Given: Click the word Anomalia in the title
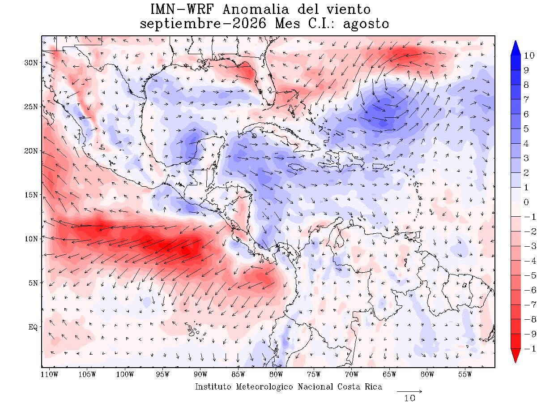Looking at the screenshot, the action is [x=256, y=9].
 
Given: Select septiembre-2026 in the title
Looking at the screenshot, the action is [x=203, y=24].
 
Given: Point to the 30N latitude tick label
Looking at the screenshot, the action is [x=31, y=63].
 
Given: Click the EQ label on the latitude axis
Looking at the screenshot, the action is [x=33, y=327].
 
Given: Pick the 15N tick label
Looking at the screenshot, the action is [x=31, y=195].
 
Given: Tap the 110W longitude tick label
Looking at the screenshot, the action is [x=49, y=375].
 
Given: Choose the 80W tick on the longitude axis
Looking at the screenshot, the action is [x=276, y=375].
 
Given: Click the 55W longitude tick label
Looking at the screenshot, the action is [x=465, y=375].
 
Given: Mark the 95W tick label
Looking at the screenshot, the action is [x=163, y=375].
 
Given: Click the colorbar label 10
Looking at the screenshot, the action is [x=529, y=56].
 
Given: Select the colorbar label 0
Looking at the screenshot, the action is [x=526, y=202].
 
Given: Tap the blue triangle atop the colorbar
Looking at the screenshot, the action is [x=515, y=48].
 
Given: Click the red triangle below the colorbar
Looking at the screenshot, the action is [x=515, y=355].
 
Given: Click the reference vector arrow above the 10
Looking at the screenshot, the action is [x=409, y=391].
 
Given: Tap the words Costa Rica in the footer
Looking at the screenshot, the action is [x=360, y=386].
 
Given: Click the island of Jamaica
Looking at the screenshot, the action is [x=297, y=167].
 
